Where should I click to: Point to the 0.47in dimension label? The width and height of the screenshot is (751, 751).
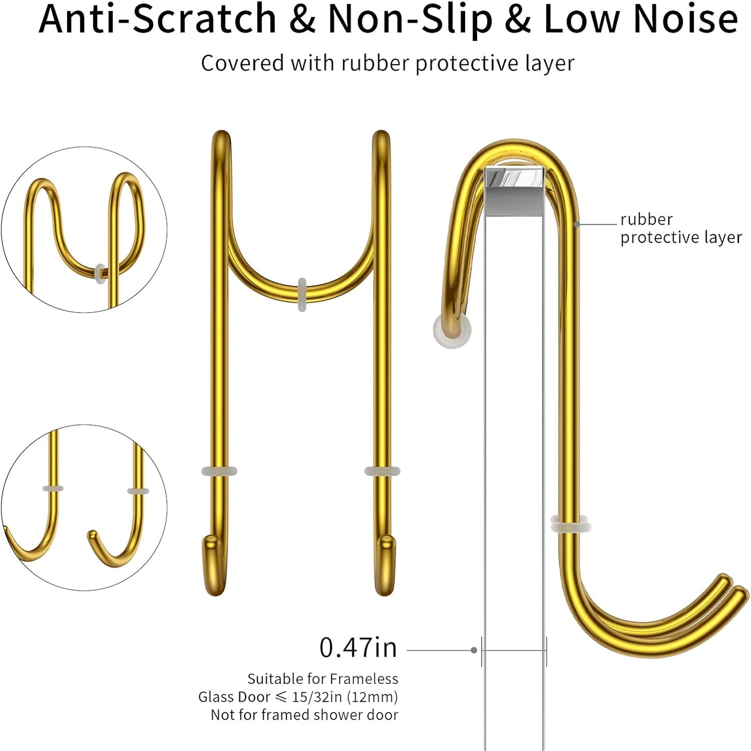tap(358, 648)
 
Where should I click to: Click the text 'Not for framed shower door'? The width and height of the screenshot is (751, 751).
tap(305, 715)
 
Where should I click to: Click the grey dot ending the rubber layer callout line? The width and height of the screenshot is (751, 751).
tap(576, 224)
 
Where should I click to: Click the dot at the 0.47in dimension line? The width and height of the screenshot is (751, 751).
tap(474, 650)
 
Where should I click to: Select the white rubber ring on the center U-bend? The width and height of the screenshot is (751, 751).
tap(302, 294)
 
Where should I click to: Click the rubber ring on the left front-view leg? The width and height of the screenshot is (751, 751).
tap(219, 471)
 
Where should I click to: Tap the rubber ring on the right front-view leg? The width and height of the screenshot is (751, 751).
tap(382, 471)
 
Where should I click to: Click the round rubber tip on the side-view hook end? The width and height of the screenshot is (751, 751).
tap(452, 330)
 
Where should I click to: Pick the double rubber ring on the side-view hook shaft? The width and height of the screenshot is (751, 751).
tap(571, 524)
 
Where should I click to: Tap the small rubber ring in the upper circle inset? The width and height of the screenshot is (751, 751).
tap(100, 273)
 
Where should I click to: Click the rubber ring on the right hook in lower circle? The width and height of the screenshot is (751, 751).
tap(138, 491)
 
